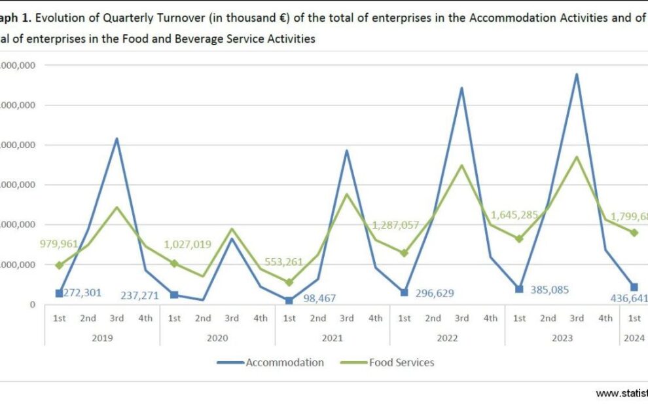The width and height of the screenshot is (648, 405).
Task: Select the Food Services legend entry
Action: pos(401,362)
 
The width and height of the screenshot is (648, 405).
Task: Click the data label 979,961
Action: pos(58,244)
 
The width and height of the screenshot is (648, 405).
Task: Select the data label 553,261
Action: pos(284,262)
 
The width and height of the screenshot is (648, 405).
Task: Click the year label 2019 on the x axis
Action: pos(102,337)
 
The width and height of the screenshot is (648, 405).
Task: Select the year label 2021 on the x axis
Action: pos(333,337)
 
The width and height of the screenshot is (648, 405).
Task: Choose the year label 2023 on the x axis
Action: pos(562,337)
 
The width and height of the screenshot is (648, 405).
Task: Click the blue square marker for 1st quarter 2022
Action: pos(405,292)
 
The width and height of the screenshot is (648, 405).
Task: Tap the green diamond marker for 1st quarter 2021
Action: pos(289,282)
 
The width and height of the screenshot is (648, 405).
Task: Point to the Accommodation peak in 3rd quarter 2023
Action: pos(577,75)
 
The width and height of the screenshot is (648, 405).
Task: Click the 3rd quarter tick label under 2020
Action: pos(232,318)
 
